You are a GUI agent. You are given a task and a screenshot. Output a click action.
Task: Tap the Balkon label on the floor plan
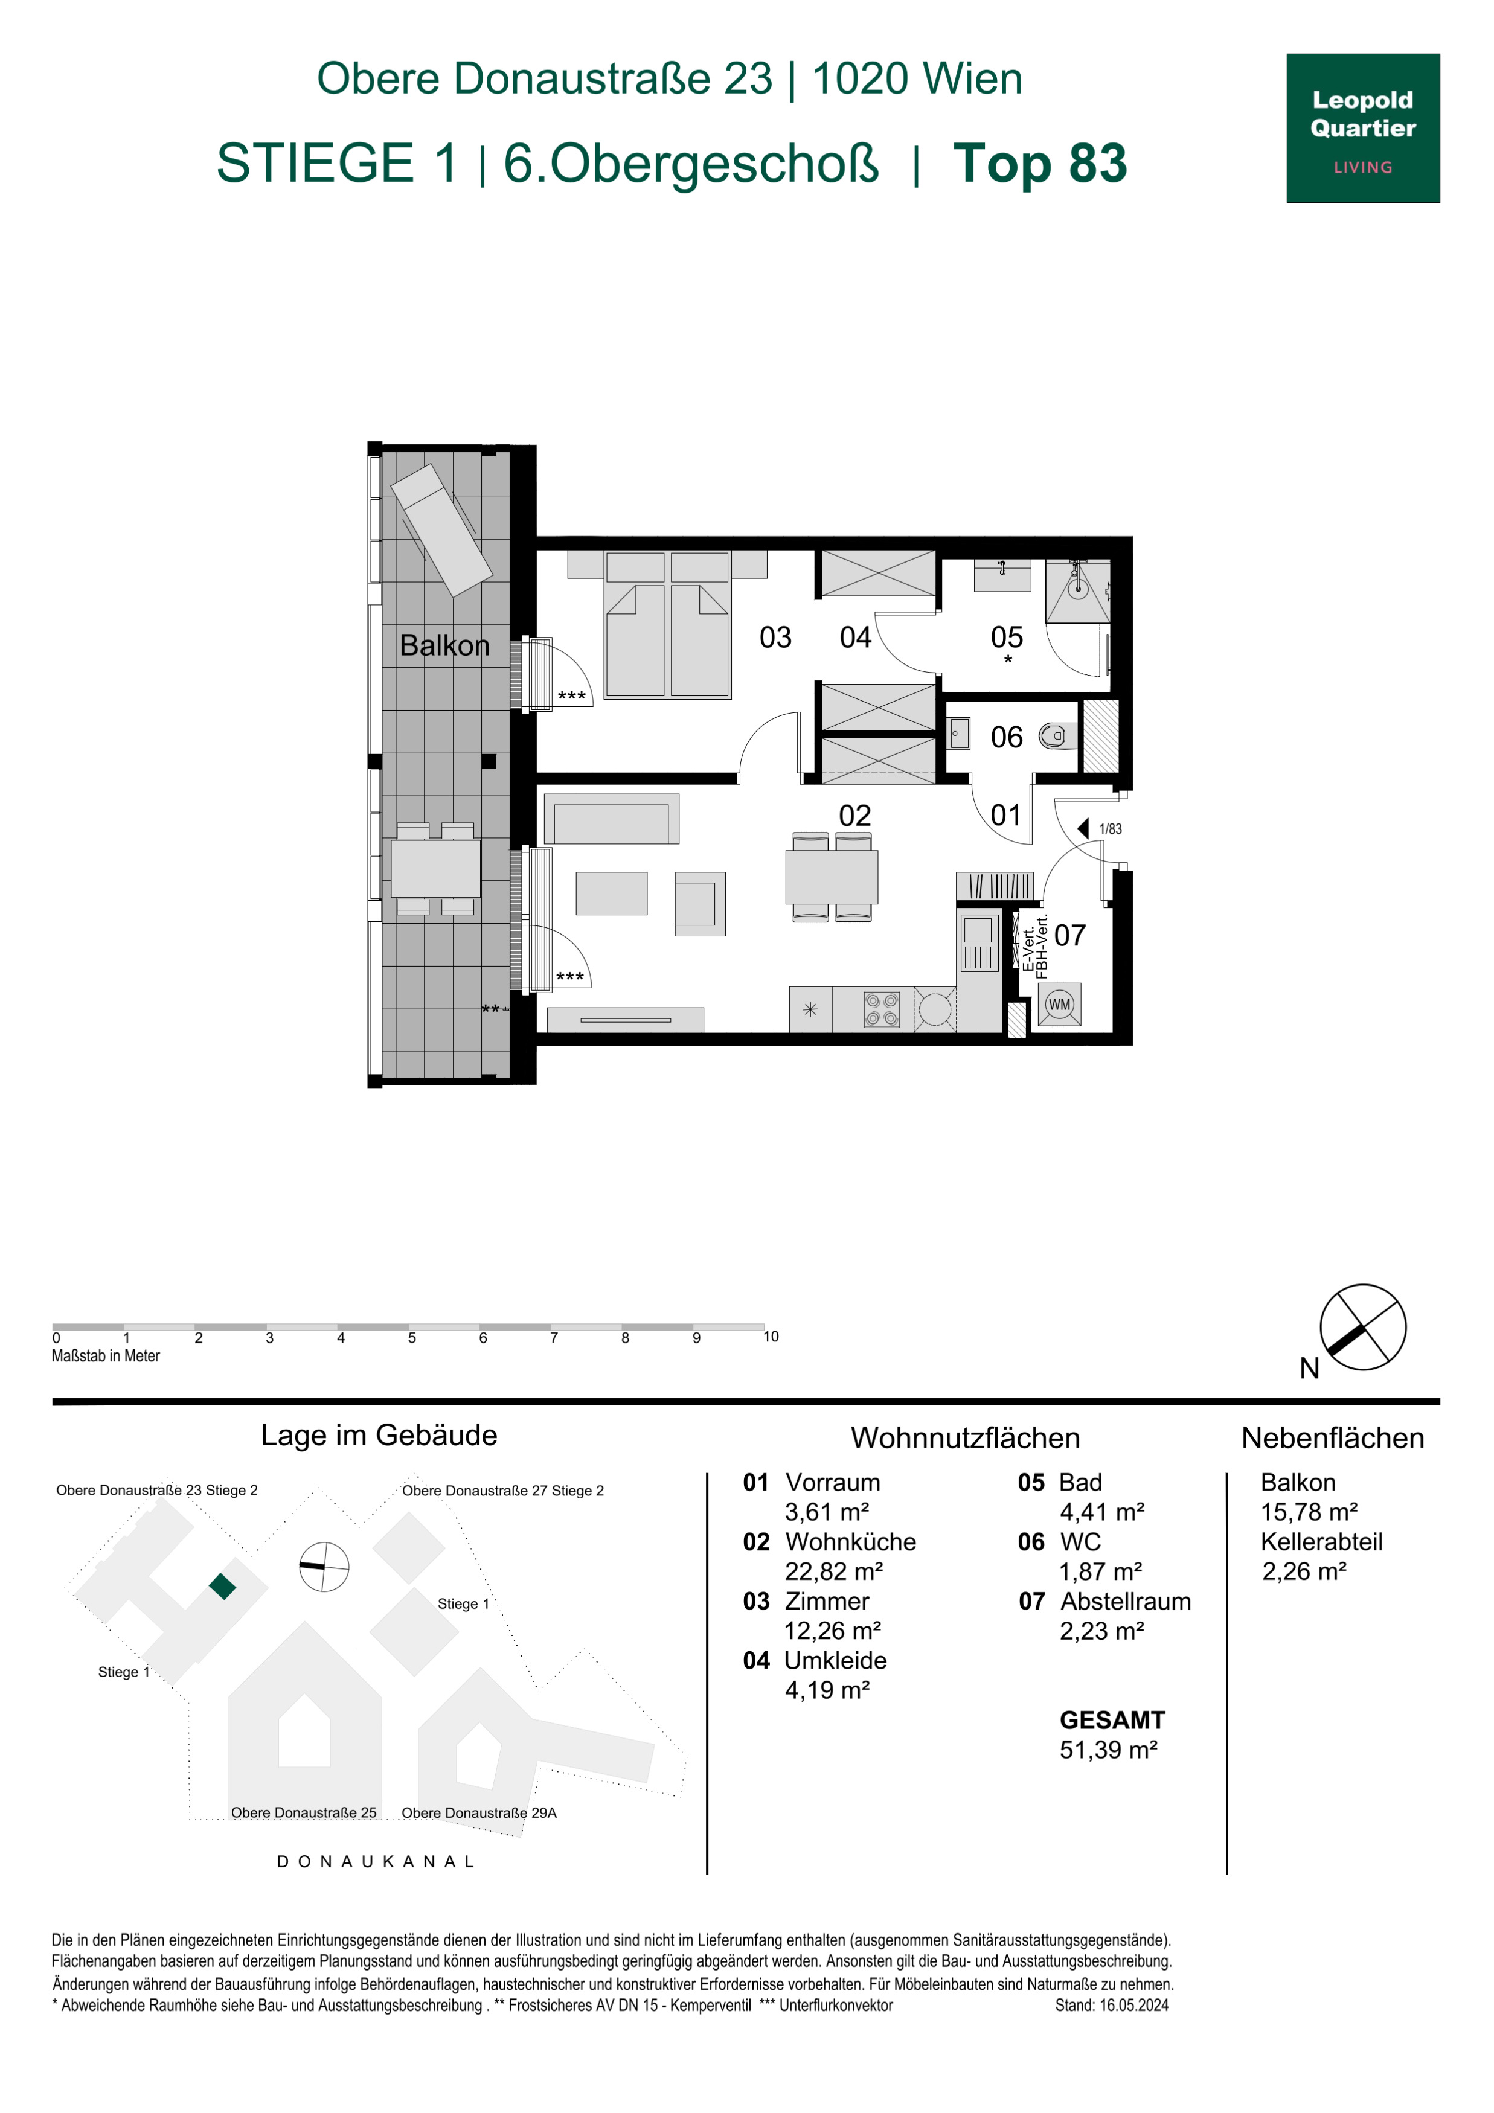(x=444, y=645)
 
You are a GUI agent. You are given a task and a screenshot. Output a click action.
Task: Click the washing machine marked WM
(x=1060, y=1004)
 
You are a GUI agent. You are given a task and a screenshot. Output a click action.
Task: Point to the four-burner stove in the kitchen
(x=881, y=1009)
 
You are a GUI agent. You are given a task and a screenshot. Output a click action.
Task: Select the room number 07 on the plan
(x=1069, y=936)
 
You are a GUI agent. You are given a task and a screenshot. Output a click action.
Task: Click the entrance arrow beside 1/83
(x=1085, y=828)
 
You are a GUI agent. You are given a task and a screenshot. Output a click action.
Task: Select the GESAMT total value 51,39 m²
(x=1108, y=1750)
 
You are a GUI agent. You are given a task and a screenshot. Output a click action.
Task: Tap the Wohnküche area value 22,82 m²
(x=833, y=1571)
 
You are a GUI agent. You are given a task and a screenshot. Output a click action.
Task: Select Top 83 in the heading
(x=1039, y=163)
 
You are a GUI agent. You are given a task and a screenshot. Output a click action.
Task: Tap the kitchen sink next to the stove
(x=978, y=943)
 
